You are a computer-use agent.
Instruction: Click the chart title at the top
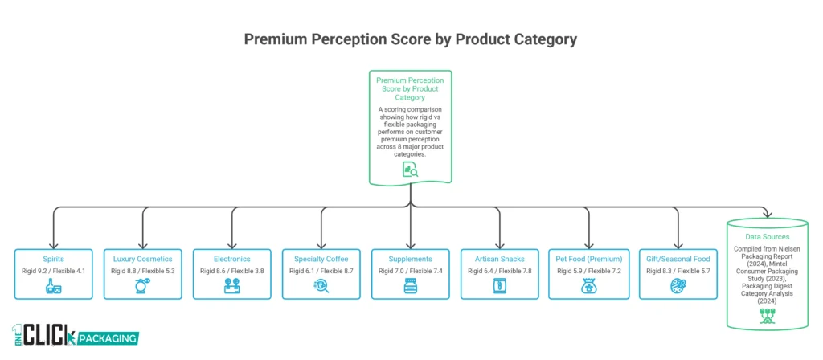411,39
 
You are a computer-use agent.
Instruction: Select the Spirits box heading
54,259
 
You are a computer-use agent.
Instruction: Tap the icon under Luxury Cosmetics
143,288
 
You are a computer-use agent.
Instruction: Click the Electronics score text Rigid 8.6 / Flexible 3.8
232,272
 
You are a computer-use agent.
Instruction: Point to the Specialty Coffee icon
321,288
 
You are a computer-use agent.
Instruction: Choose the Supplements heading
411,259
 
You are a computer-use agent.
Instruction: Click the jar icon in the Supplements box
411,288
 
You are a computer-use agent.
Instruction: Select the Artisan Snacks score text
500,272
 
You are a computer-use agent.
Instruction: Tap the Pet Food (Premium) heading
589,259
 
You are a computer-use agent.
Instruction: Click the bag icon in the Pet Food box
589,288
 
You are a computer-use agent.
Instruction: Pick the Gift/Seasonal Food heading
678,259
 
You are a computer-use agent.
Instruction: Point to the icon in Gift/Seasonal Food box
678,288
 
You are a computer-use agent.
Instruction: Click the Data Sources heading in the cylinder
768,238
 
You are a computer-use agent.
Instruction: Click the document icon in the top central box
411,170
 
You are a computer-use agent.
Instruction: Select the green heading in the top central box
411,89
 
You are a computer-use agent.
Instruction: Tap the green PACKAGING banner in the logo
104,338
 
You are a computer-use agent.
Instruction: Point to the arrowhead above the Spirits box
54,245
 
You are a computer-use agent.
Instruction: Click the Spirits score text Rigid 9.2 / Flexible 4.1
54,272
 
